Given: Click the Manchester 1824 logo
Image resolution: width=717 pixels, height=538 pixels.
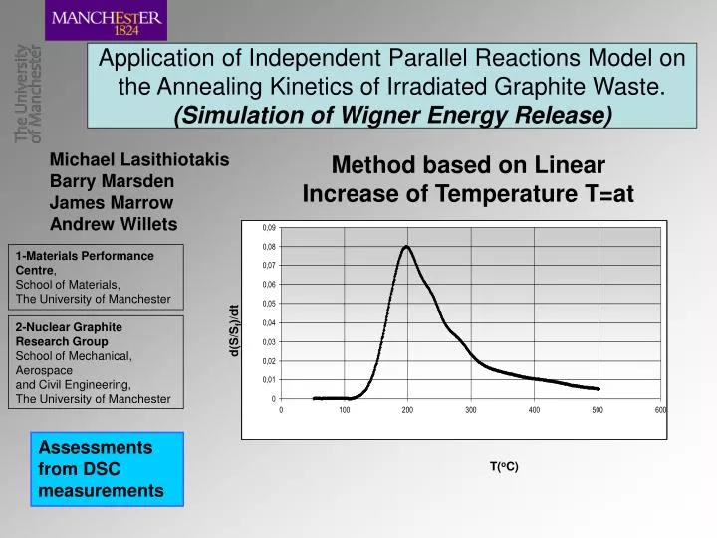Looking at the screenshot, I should (108, 21).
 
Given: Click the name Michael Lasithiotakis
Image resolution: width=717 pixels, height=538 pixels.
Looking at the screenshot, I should (139, 159).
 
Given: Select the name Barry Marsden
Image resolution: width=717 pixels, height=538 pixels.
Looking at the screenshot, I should (113, 181).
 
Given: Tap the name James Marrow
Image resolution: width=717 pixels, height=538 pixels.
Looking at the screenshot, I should (112, 202).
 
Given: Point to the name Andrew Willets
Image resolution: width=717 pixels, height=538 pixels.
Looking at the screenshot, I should (114, 223).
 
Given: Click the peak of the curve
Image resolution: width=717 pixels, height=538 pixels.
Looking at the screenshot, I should (406, 246).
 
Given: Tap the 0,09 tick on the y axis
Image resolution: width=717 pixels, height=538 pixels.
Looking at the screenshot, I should (269, 228).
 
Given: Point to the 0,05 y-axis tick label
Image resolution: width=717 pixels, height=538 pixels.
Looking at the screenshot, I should (269, 304).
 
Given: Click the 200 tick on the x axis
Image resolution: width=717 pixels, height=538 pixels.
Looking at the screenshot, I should (407, 410).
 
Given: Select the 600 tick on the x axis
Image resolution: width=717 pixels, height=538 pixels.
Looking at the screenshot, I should (660, 410).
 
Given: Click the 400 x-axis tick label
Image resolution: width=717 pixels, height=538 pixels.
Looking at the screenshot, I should (534, 410).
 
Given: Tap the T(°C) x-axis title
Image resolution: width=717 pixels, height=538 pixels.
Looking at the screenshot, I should (504, 466).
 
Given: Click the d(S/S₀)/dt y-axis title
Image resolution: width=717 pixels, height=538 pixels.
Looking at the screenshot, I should (233, 330).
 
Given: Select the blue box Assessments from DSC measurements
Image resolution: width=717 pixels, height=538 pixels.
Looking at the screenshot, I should (110, 468).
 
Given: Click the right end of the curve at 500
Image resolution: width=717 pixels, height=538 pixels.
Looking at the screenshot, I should (597, 389).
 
